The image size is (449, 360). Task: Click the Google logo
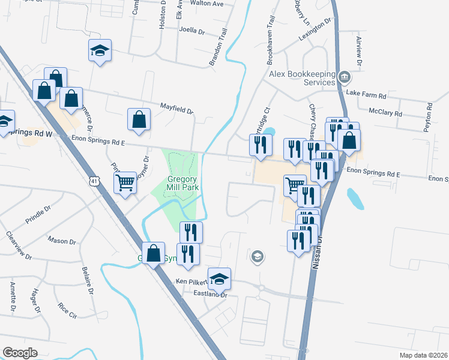[x=20, y=352]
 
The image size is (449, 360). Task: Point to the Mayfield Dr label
[x=176, y=108]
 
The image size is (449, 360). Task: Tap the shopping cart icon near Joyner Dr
[x=125, y=182]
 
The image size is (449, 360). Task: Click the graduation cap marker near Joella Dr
[x=100, y=50]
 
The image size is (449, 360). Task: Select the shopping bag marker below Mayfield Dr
[x=139, y=118]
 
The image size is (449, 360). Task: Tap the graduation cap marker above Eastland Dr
[x=220, y=278]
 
